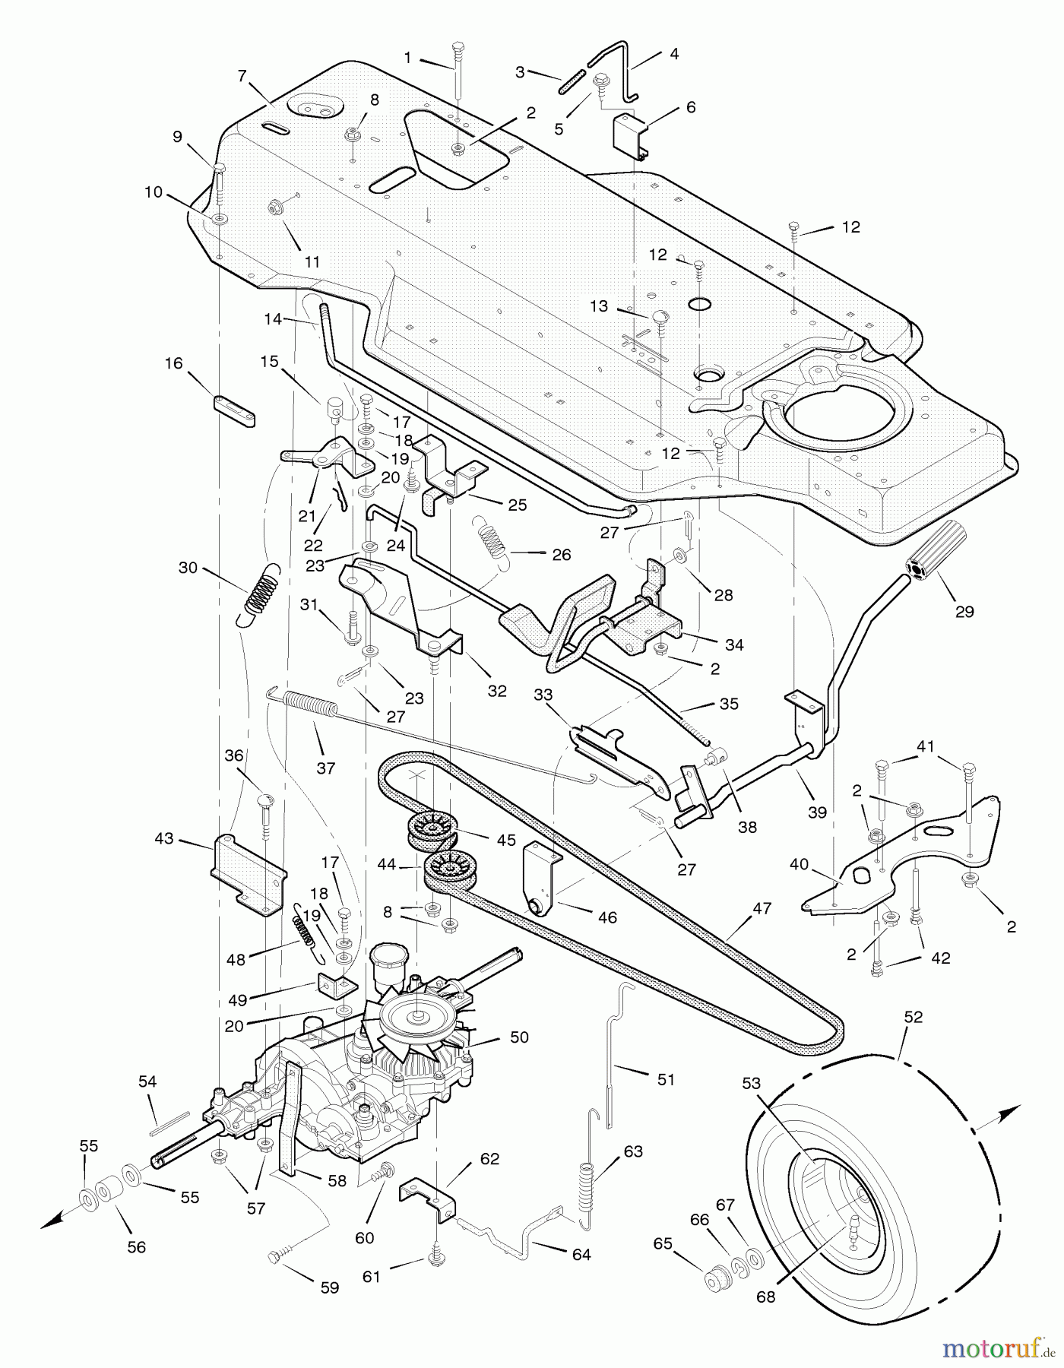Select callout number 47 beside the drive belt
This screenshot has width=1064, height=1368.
pyautogui.click(x=762, y=908)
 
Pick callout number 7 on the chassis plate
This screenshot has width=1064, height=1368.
pyautogui.click(x=242, y=76)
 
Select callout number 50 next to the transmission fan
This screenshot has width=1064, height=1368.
pyautogui.click(x=519, y=1037)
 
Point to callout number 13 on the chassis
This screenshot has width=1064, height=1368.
pyautogui.click(x=599, y=306)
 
